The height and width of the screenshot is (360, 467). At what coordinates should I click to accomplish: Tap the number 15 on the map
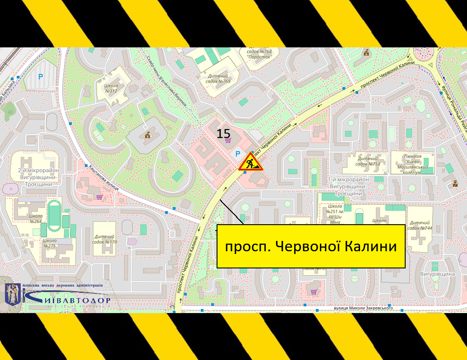point(223,134)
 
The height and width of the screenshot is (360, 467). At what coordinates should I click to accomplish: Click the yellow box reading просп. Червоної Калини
point(311,246)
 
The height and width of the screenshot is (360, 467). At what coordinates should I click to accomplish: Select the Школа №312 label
point(111,88)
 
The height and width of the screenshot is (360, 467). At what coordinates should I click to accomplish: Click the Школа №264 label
point(36,219)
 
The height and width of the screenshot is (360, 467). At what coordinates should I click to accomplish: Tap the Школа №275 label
point(49,243)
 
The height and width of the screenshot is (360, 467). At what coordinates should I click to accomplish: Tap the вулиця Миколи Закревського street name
point(363,308)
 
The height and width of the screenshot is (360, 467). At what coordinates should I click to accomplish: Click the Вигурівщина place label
point(437,274)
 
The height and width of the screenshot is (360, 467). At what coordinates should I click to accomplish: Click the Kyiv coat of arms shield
point(12,294)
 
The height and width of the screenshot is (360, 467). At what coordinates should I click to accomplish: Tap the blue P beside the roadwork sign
point(237,154)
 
